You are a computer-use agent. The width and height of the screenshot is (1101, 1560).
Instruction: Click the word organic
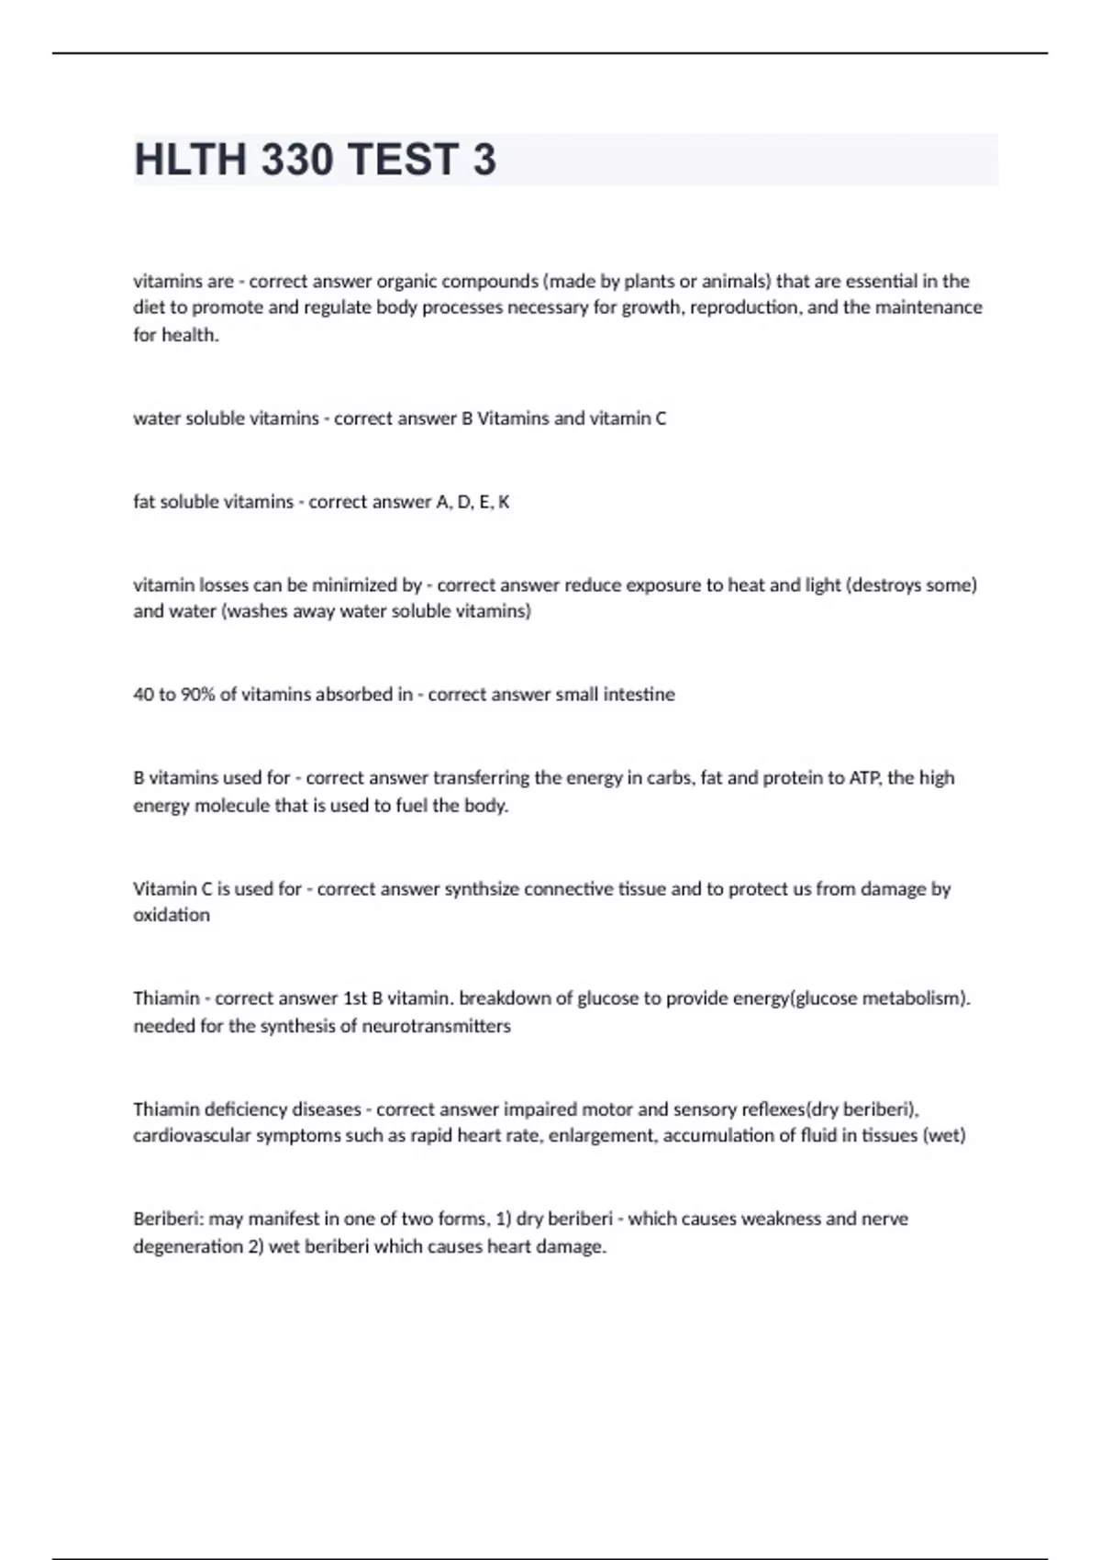tap(406, 281)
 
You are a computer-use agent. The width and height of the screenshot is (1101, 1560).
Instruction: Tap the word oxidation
tap(172, 915)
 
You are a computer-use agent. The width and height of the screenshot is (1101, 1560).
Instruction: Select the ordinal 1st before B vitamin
tap(355, 998)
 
